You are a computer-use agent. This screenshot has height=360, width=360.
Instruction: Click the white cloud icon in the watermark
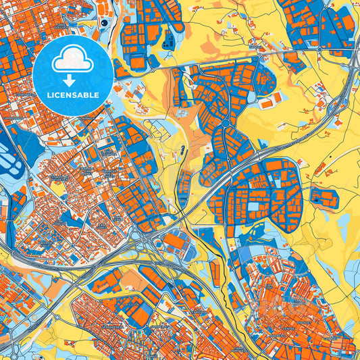[72, 60]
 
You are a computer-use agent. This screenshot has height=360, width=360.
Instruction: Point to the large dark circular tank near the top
[105, 22]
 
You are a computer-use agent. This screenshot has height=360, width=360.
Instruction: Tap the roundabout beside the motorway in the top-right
[319, 49]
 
